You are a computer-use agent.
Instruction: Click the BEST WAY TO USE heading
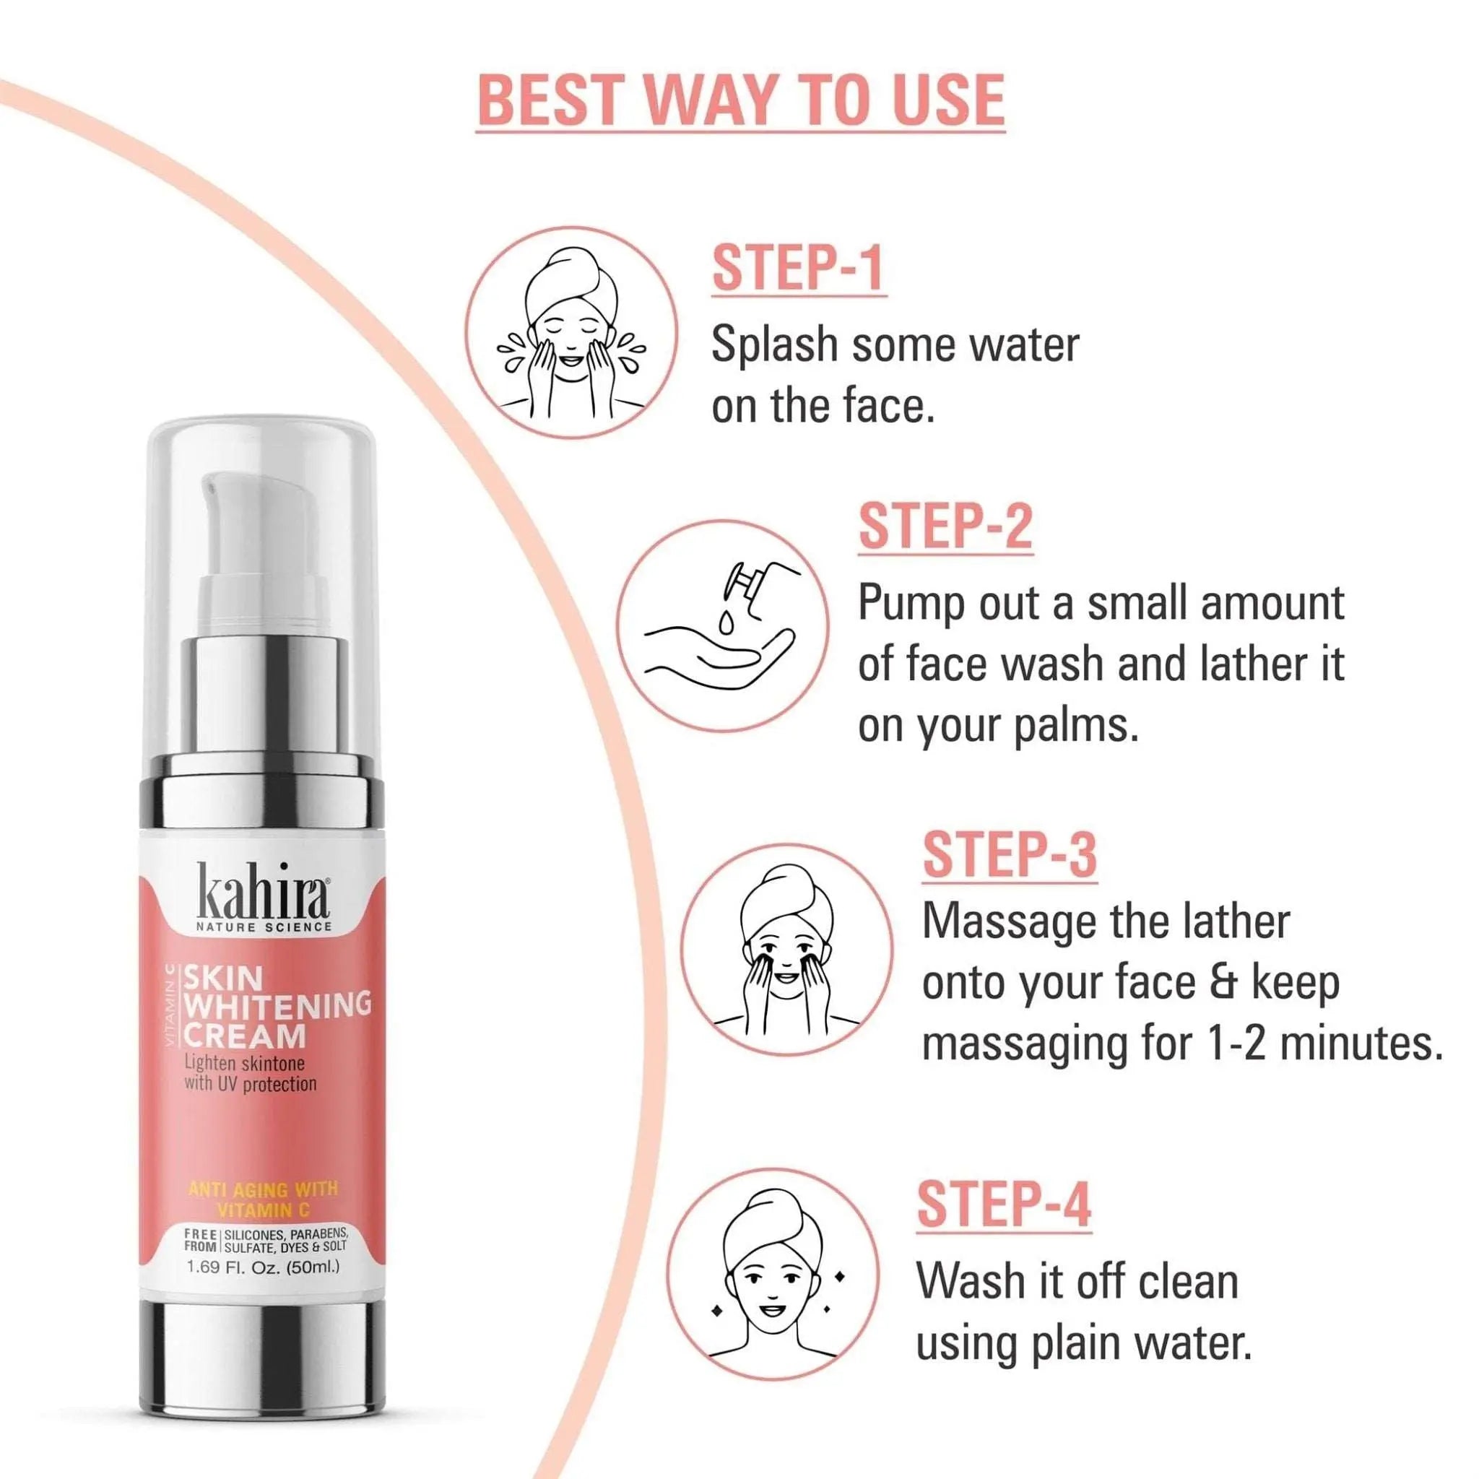click(740, 100)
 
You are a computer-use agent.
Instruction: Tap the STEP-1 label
click(799, 268)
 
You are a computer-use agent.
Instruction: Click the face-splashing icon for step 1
click(572, 332)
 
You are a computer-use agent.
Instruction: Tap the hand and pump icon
click(723, 625)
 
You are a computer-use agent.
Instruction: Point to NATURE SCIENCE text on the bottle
click(264, 928)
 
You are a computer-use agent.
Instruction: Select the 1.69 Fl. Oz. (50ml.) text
click(264, 1267)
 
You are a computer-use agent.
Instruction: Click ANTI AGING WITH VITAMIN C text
click(263, 1200)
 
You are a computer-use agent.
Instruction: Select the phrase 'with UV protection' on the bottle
click(251, 1084)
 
